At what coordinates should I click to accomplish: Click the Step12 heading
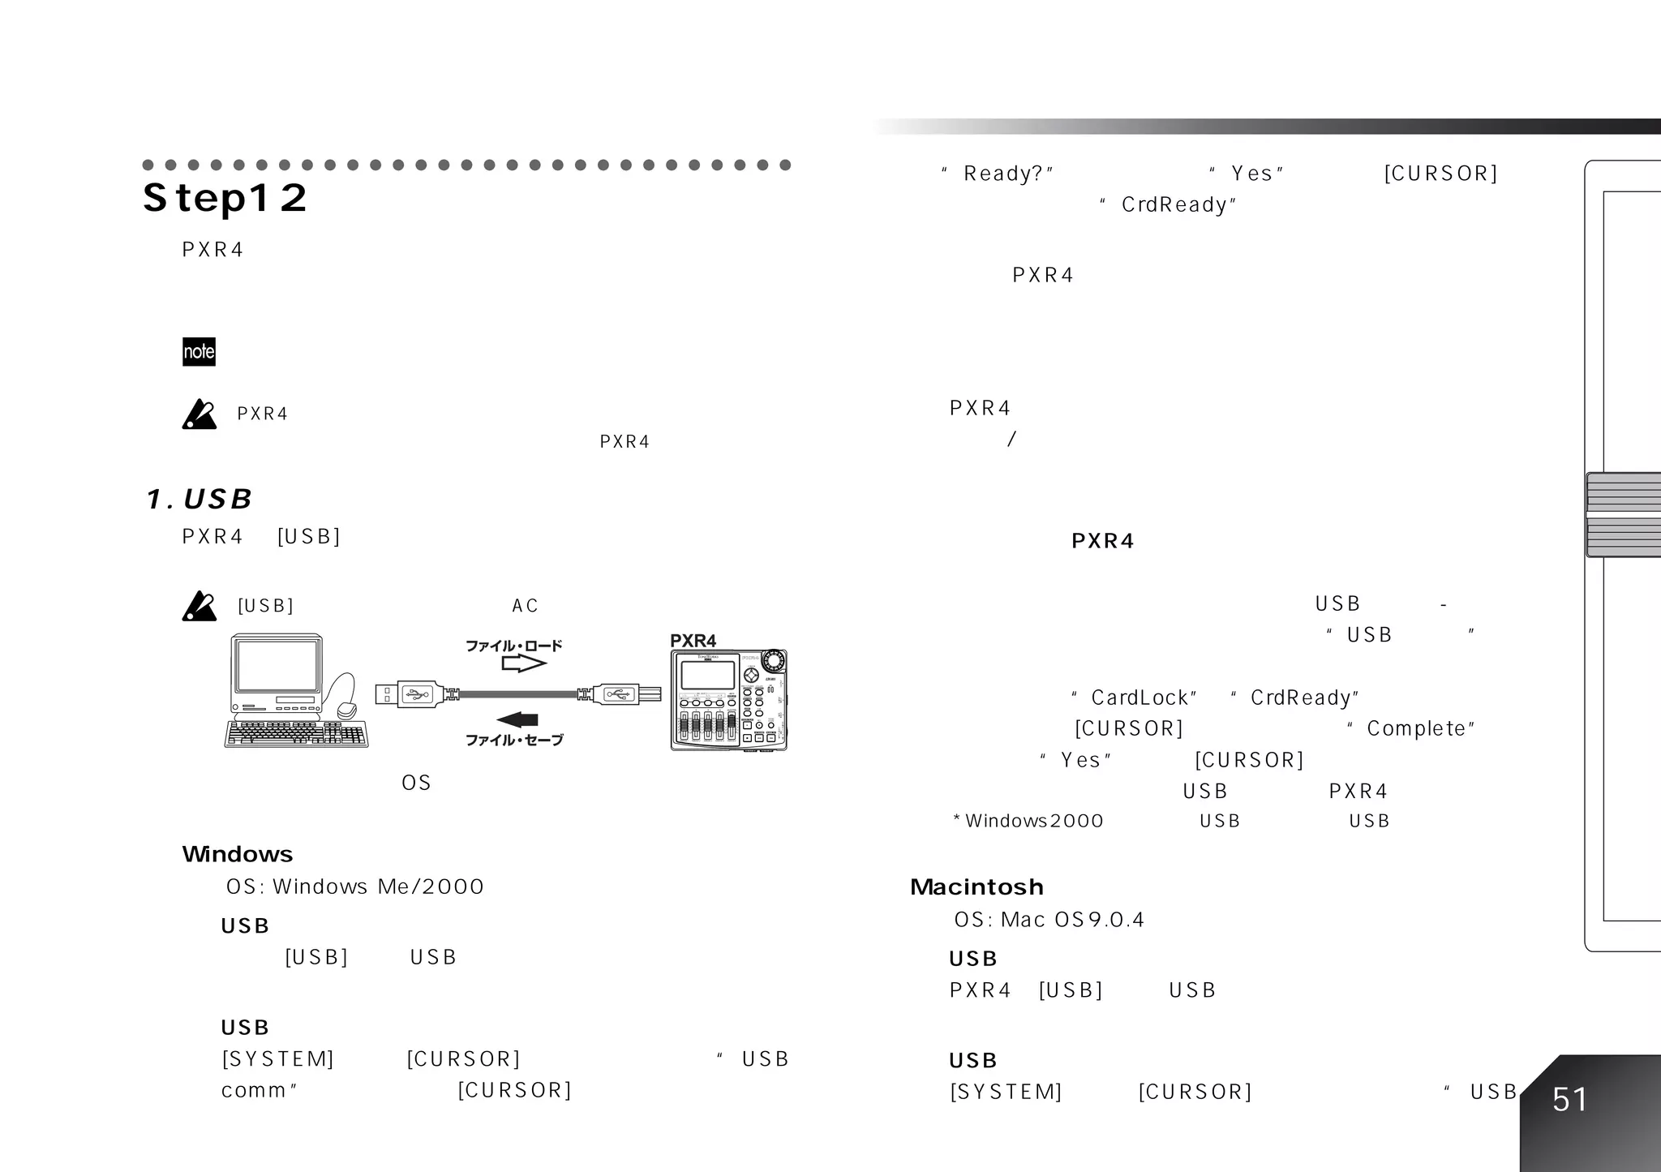pyautogui.click(x=225, y=198)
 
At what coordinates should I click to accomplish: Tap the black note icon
pyautogui.click(x=199, y=351)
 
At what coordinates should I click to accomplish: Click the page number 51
pyautogui.click(x=1569, y=1100)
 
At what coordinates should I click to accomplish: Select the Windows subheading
pyautogui.click(x=237, y=854)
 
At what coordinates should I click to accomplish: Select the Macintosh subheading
pyautogui.click(x=976, y=887)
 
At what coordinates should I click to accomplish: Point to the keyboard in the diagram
pyautogui.click(x=296, y=734)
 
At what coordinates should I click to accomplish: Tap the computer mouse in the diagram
pyautogui.click(x=346, y=709)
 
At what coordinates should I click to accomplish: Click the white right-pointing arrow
pyautogui.click(x=523, y=663)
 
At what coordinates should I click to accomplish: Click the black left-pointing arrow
pyautogui.click(x=517, y=719)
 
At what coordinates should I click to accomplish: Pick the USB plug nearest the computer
pyautogui.click(x=408, y=694)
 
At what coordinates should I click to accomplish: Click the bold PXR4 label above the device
pyautogui.click(x=693, y=641)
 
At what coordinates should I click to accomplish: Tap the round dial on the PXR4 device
pyautogui.click(x=773, y=659)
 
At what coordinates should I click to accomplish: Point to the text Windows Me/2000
pyautogui.click(x=378, y=887)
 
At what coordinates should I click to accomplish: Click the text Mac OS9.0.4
pyautogui.click(x=1072, y=920)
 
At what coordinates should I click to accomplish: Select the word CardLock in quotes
pyautogui.click(x=1140, y=698)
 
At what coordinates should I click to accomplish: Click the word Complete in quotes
pyautogui.click(x=1416, y=729)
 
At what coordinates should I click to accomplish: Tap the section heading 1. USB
pyautogui.click(x=200, y=500)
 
